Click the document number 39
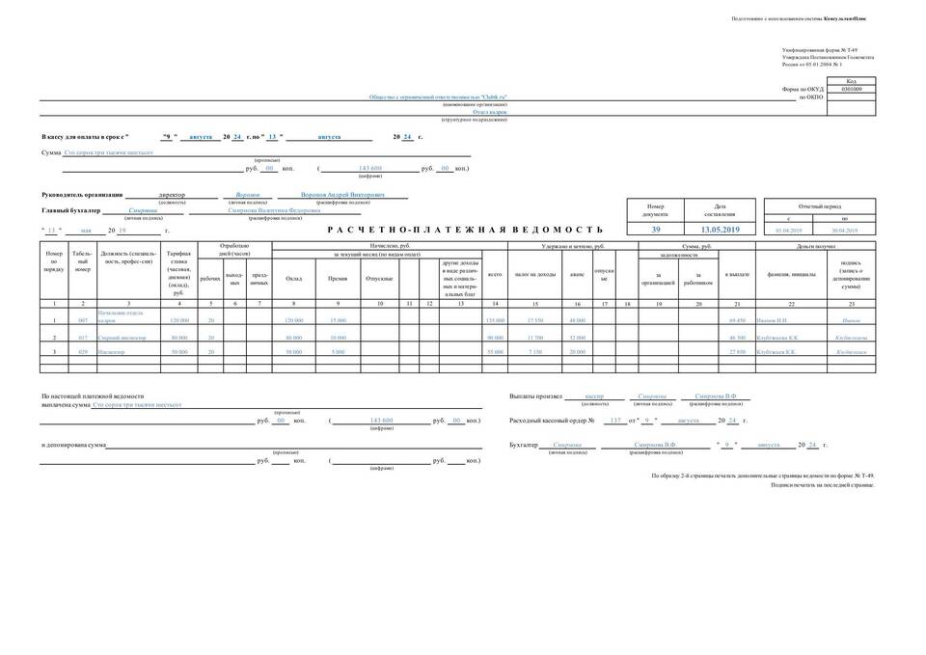click(x=656, y=230)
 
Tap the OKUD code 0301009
click(x=852, y=89)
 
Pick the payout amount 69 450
click(x=738, y=319)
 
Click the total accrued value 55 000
click(x=496, y=352)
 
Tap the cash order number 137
click(x=616, y=422)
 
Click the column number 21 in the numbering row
click(x=737, y=304)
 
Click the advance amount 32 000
click(x=578, y=337)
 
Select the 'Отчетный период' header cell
click(x=819, y=206)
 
